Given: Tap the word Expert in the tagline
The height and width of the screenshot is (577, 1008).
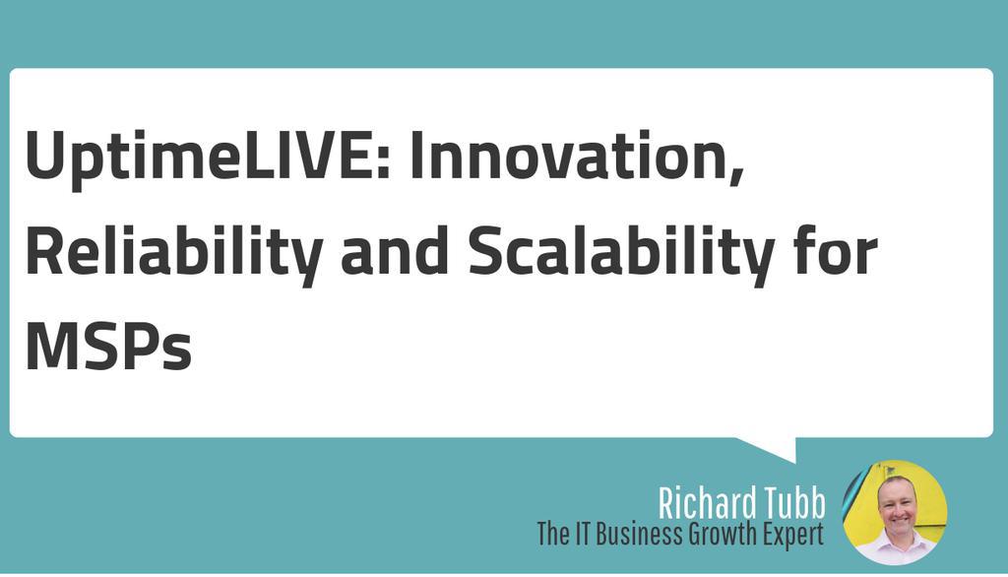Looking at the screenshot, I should pos(787,537).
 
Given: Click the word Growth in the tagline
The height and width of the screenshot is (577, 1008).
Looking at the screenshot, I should pos(713,537).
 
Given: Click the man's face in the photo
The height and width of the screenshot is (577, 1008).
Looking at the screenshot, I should pos(895,503).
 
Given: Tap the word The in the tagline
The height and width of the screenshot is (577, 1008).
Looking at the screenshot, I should pos(554,536).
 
